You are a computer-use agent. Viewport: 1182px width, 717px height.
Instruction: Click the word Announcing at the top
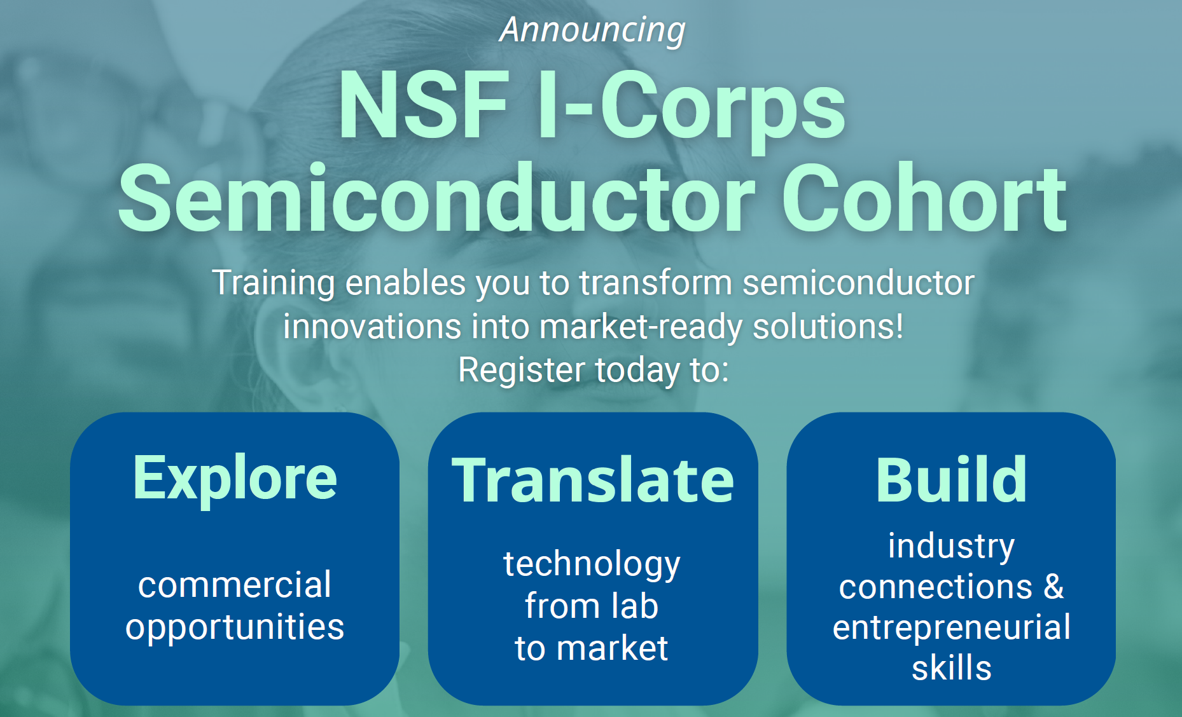pos(592,31)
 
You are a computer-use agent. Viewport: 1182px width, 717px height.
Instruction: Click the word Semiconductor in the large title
pos(436,198)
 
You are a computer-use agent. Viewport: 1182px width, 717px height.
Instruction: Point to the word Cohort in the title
pos(924,198)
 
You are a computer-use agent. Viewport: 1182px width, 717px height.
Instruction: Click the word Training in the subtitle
pos(274,283)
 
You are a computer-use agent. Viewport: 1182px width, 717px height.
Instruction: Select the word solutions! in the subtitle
pos(828,327)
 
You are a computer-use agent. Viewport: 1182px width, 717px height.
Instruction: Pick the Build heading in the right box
pos(951,480)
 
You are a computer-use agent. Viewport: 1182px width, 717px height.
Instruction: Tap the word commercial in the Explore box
pos(235,585)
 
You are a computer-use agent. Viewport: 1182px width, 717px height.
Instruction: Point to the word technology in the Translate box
pos(592,565)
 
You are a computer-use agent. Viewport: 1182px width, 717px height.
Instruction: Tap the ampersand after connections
pos(1053,586)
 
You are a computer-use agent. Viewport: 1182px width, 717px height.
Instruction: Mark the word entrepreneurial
pos(951,628)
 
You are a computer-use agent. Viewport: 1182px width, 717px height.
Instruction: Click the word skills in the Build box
pos(951,668)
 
